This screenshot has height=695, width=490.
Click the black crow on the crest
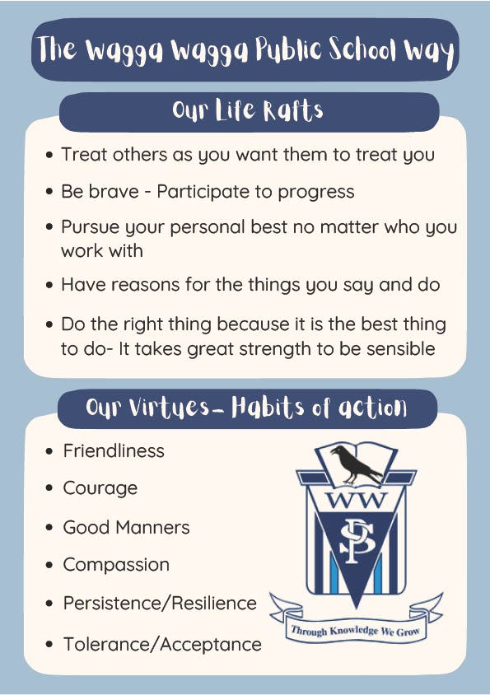point(356,464)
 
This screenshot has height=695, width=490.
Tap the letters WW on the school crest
point(356,500)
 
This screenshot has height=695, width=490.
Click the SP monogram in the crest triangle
point(357,542)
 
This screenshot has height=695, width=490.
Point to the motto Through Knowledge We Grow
point(355,630)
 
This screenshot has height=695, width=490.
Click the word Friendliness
point(114,450)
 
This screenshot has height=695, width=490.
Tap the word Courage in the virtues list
point(100,488)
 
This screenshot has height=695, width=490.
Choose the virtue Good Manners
point(126,528)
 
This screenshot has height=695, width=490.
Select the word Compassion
point(116,565)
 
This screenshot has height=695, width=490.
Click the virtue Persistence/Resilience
point(160,604)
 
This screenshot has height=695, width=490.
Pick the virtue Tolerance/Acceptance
point(162,645)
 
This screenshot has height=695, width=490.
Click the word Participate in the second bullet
point(203,192)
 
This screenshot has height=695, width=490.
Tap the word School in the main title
point(362,49)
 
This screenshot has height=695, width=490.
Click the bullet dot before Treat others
point(49,155)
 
